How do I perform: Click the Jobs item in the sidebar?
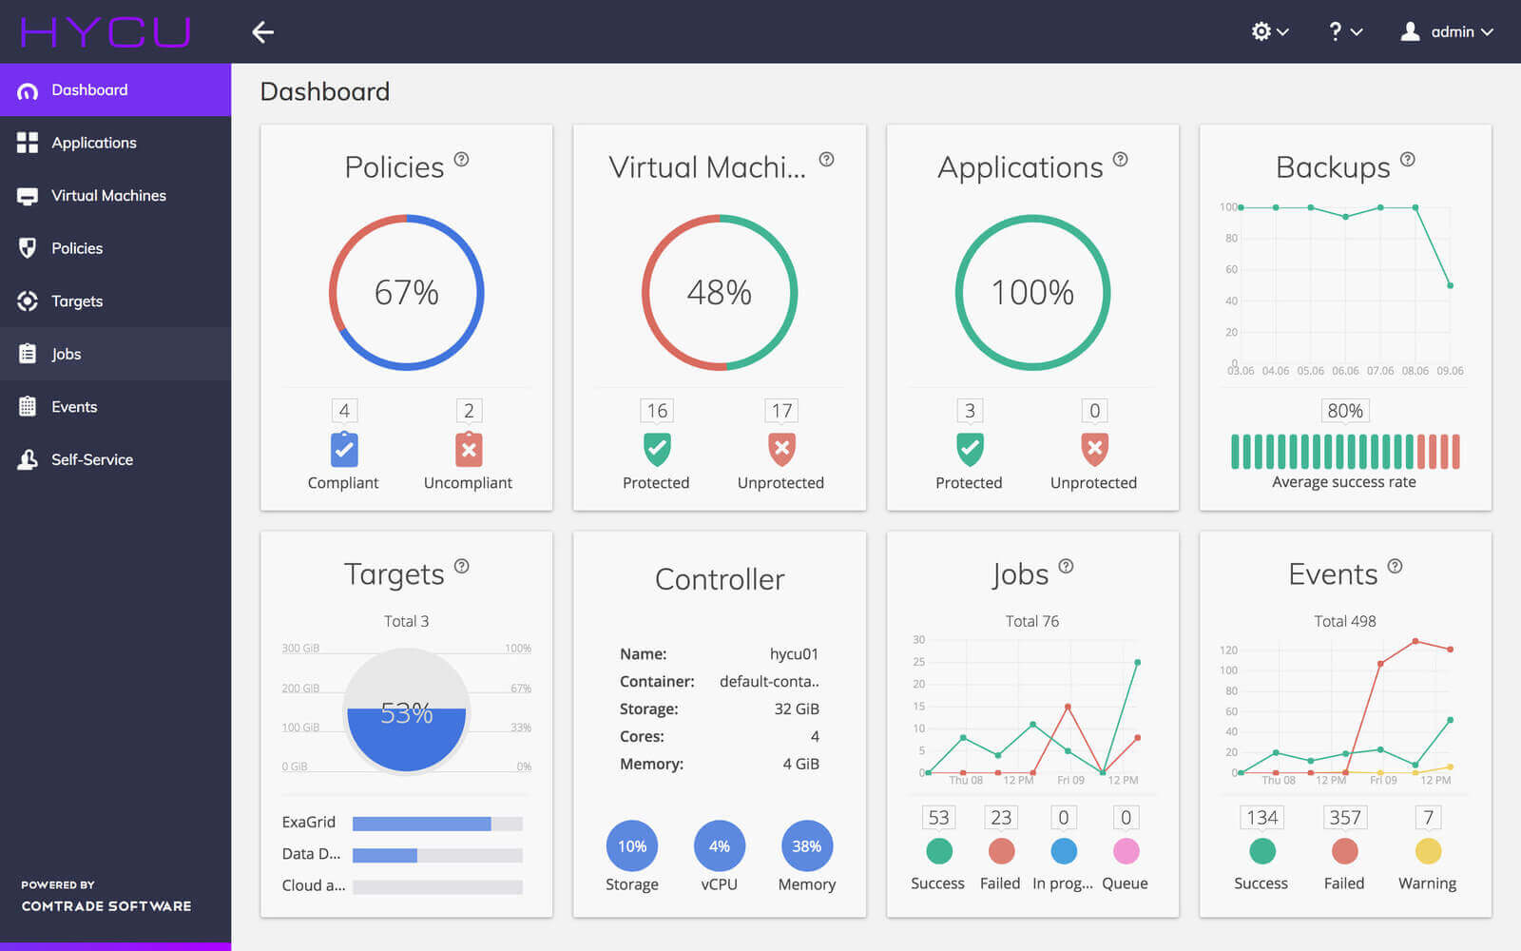(67, 354)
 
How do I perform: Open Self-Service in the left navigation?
(91, 459)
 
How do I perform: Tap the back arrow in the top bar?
(262, 32)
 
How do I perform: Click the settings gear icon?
(1261, 31)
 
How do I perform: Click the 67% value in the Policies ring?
(407, 293)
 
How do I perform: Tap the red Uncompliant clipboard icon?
(469, 449)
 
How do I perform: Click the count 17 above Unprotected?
(781, 411)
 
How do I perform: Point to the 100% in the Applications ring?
(1032, 293)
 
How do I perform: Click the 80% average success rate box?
(1344, 411)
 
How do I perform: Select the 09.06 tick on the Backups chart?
(1450, 371)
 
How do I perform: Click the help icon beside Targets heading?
(462, 566)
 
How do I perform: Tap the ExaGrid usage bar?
(437, 824)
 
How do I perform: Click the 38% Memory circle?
(806, 846)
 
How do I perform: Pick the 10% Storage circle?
(632, 846)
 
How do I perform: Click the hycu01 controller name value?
(794, 654)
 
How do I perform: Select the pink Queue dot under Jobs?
(1126, 851)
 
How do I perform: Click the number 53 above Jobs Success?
(938, 818)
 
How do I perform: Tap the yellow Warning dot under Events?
(1428, 851)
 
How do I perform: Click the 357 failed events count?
(1344, 818)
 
